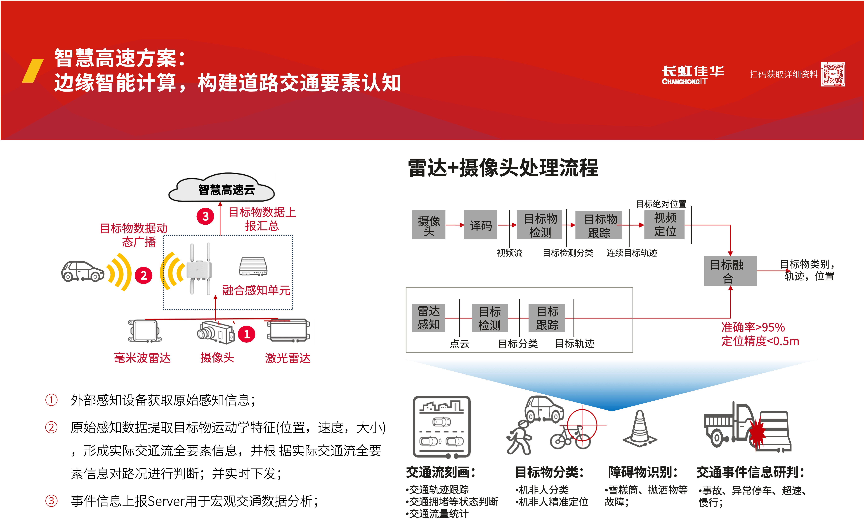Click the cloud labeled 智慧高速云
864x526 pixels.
(221, 188)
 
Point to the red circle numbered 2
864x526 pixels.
(143, 275)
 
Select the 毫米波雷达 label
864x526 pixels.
(142, 358)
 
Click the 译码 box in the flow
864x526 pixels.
(480, 225)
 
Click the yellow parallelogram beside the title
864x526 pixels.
(33, 70)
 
